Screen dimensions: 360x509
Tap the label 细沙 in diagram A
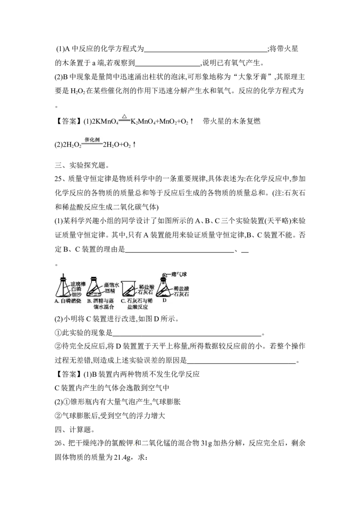coord(76,295)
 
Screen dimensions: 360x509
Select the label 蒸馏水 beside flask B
coord(112,285)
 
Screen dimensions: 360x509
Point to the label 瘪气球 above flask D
coord(180,275)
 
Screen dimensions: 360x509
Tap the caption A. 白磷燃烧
coord(68,301)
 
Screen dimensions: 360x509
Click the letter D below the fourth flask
coord(164,300)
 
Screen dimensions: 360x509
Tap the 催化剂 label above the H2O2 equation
coord(92,139)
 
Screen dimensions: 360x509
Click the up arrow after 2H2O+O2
coord(134,145)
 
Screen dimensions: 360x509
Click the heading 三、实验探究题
coord(80,165)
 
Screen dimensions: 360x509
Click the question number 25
coord(58,179)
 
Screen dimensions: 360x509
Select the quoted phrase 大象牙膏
coord(252,77)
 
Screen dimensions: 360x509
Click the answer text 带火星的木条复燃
coord(232,121)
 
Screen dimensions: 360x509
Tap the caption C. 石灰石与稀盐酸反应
coord(137,304)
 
